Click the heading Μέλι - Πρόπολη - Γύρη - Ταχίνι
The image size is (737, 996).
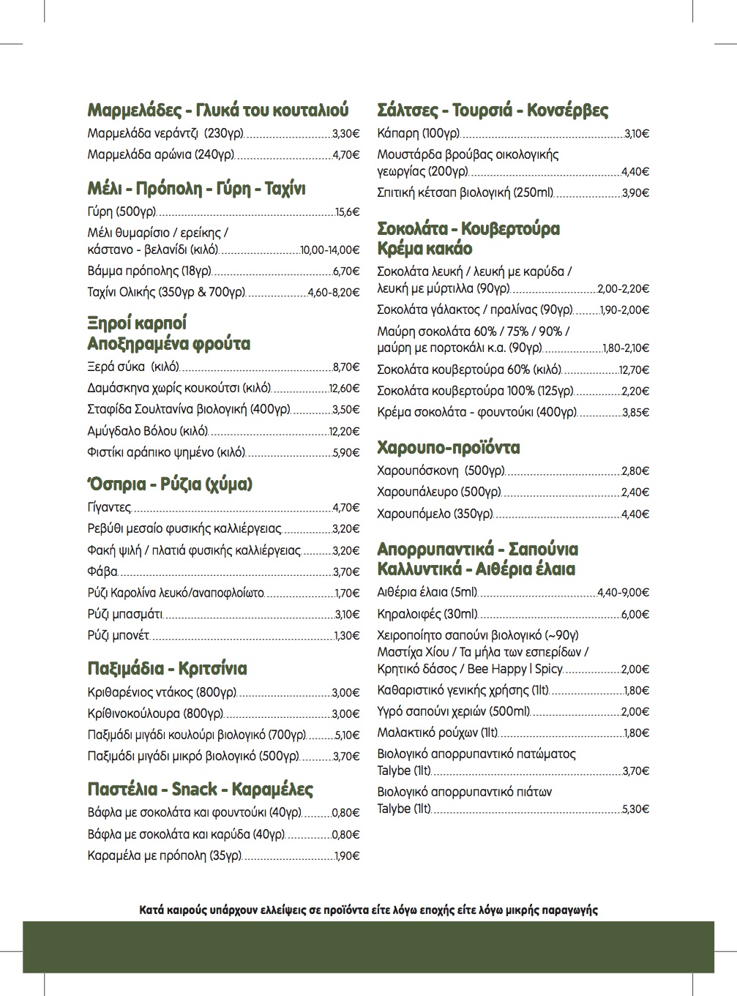(x=196, y=189)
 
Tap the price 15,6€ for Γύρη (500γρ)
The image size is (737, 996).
(x=347, y=212)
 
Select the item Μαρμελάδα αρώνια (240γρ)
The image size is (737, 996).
(x=160, y=155)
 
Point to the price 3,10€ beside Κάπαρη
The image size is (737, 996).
(x=636, y=134)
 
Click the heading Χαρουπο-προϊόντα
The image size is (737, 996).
(x=448, y=447)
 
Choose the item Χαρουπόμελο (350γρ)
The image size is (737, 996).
(x=435, y=514)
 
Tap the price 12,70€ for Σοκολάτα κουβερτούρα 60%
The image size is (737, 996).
(x=634, y=370)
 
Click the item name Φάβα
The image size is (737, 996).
(x=102, y=572)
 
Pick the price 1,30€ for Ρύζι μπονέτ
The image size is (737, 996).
(x=347, y=636)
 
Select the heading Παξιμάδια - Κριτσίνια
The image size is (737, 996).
(x=167, y=668)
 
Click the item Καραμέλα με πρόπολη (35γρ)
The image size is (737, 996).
(x=164, y=855)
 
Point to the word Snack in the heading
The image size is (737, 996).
(x=194, y=789)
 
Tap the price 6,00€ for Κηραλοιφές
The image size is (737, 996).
(x=635, y=615)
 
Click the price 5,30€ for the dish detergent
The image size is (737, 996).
(x=635, y=809)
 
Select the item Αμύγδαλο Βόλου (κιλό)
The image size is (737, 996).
(x=147, y=431)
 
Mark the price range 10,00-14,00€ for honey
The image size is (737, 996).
(x=330, y=250)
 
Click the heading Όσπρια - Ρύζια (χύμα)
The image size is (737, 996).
(x=170, y=484)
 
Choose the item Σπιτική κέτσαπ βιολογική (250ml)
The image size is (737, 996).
(x=465, y=193)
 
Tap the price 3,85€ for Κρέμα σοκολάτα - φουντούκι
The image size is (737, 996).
(x=635, y=413)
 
